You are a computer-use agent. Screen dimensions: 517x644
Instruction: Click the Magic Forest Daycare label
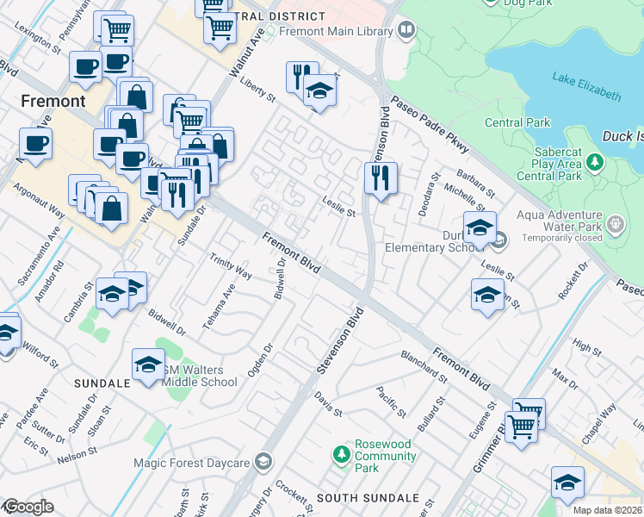click(191, 462)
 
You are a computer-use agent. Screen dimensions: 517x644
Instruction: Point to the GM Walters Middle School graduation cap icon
click(148, 365)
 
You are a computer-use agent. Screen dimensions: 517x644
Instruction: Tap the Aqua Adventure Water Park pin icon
click(615, 225)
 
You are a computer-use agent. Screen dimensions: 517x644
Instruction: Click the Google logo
click(28, 507)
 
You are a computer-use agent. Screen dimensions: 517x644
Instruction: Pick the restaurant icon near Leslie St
click(380, 179)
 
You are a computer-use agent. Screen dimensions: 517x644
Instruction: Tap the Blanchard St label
click(424, 366)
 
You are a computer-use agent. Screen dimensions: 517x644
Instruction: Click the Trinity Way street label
click(231, 266)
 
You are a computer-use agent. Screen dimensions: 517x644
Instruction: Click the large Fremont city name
click(53, 101)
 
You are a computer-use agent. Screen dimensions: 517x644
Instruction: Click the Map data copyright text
click(608, 509)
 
